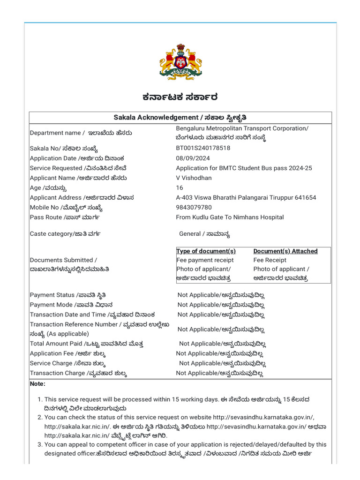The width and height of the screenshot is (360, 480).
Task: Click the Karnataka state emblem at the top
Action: (180, 61)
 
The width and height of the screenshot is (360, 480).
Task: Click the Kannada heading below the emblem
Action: (180, 97)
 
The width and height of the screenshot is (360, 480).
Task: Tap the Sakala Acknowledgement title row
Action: (180, 117)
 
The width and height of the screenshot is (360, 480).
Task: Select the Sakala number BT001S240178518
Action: (203, 148)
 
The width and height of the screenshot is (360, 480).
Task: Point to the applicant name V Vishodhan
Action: (194, 178)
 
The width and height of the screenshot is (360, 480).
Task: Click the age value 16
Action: (180, 188)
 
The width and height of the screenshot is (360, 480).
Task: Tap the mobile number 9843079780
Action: (194, 208)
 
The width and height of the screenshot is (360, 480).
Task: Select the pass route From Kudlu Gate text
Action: (230, 217)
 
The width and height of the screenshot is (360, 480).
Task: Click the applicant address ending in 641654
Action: (246, 198)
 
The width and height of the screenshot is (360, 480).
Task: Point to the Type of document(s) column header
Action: (206, 251)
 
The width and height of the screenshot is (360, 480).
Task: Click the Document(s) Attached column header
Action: (285, 251)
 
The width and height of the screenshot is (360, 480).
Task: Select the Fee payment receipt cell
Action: (205, 260)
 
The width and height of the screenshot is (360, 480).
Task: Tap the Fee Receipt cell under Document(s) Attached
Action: (270, 260)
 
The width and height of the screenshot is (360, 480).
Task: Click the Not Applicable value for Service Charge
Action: (223, 363)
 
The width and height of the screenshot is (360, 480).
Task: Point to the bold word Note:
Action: (37, 384)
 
